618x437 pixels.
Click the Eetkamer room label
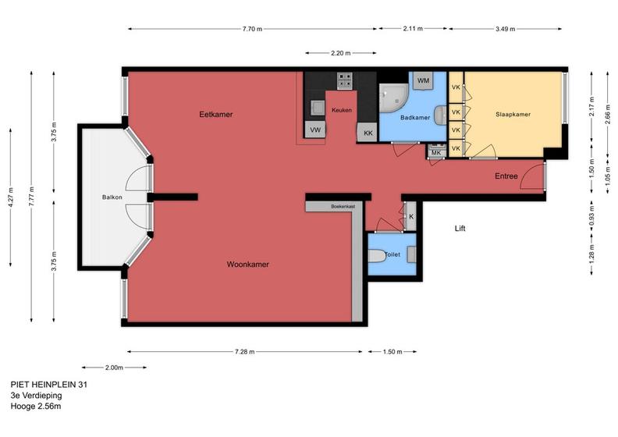coord(216,115)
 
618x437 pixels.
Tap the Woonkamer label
coord(247,265)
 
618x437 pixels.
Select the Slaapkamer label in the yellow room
coord(513,114)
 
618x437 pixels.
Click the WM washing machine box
coord(423,81)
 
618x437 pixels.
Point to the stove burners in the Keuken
coord(344,81)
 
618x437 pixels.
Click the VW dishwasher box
coord(315,130)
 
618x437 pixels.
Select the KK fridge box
coord(368,133)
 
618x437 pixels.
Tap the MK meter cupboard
coord(436,151)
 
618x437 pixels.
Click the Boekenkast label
coord(343,206)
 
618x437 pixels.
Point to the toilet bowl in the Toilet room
coord(377,256)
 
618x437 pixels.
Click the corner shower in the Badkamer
coord(393,98)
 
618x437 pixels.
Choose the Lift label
coord(460,229)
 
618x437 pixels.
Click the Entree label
coord(506,176)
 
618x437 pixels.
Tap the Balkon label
coord(112,197)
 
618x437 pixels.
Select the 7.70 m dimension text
coord(252,29)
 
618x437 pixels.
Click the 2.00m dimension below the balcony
coord(114,368)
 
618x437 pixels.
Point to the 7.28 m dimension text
coord(245,352)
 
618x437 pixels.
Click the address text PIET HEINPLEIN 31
coord(49,384)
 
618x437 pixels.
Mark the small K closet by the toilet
coord(410,216)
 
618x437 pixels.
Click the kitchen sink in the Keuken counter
coord(318,108)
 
